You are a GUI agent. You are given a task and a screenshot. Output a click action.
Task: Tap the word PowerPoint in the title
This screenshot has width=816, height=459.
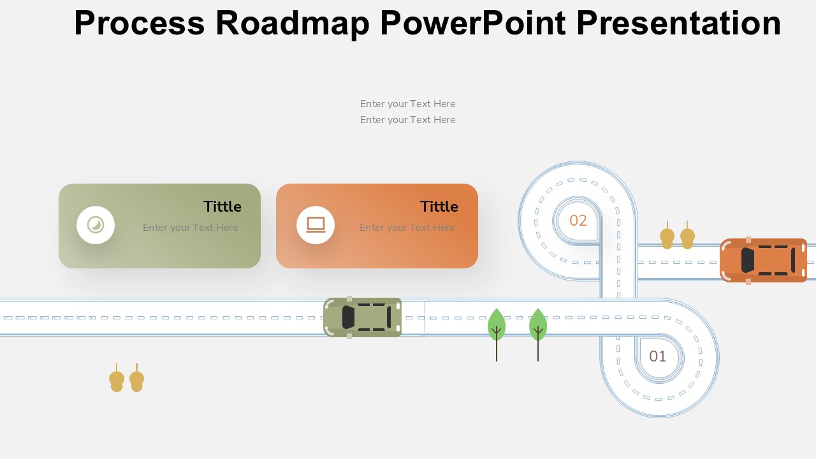[473, 22]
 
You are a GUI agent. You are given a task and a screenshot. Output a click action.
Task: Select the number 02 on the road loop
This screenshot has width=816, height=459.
[578, 221]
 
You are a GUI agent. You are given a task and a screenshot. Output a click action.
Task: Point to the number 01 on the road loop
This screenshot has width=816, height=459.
[658, 356]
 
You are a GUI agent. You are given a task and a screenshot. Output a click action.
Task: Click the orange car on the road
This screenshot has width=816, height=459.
[764, 261]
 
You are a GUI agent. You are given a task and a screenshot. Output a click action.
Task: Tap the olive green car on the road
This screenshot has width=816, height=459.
[363, 317]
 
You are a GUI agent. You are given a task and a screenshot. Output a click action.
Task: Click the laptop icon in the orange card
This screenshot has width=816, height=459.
[316, 225]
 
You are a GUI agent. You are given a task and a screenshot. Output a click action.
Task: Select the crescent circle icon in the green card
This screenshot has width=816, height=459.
[96, 225]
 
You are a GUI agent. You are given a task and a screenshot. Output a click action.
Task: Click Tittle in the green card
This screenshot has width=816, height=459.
[222, 207]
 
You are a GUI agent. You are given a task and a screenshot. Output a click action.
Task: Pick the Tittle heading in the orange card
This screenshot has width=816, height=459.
[439, 207]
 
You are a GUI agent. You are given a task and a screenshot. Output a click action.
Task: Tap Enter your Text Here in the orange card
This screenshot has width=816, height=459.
[407, 228]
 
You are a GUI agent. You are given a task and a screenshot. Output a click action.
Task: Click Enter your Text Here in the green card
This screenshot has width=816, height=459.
[190, 228]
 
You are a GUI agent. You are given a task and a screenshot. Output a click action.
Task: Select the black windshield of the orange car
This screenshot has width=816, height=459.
[748, 261]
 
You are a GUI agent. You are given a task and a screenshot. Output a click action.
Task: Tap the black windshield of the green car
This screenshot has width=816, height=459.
[348, 317]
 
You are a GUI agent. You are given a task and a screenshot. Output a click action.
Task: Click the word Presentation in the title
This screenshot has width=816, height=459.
[679, 22]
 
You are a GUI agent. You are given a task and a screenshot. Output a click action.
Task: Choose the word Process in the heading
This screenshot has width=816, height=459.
[140, 22]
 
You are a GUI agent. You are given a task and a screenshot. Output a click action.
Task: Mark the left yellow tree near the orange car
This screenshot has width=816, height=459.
[667, 235]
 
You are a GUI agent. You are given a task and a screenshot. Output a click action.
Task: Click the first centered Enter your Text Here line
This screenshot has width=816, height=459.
[407, 104]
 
